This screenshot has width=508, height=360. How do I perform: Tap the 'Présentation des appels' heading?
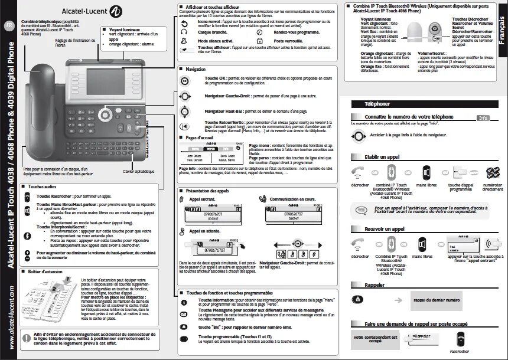click(207, 192)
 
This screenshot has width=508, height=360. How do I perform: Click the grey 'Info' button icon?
click(483, 118)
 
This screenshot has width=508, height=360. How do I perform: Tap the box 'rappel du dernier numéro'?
click(437, 300)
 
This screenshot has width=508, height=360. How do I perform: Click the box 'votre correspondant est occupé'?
click(375, 338)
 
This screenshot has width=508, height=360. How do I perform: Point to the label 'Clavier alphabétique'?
click(139, 172)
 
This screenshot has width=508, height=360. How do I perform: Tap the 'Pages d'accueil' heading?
click(198, 138)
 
